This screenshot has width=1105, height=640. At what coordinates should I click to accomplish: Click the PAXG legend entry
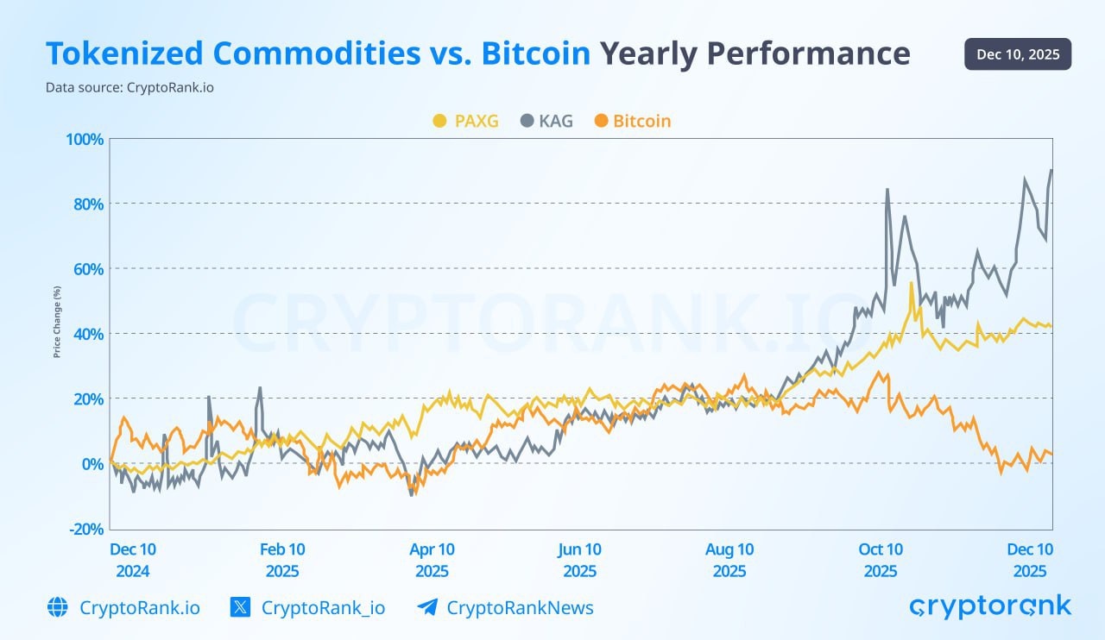pos(466,121)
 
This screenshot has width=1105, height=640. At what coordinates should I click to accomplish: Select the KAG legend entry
pos(546,121)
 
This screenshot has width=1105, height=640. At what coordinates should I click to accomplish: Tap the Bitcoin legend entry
pos(633,121)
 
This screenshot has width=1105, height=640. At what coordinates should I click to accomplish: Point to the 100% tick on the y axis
pos(85,139)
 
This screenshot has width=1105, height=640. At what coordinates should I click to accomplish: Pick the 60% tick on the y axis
pos(86,268)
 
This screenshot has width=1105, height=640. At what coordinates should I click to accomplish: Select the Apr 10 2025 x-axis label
pos(432,560)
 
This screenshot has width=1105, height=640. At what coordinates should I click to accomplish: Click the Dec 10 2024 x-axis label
pos(133,560)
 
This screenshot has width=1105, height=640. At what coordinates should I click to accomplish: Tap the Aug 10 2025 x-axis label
pos(729,560)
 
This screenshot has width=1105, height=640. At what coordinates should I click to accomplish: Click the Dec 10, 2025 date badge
pos(1017,54)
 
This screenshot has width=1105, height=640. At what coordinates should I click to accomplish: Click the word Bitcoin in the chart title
pos(535,53)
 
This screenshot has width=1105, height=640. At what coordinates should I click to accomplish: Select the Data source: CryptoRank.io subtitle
pos(129,87)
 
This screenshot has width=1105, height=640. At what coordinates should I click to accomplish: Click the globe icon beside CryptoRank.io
pos(58,607)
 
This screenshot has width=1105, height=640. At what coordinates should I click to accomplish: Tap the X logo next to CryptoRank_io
pos(241,607)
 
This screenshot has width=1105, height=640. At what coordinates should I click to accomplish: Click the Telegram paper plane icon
pos(426,607)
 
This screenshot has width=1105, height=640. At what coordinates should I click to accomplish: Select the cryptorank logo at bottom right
pos(990,606)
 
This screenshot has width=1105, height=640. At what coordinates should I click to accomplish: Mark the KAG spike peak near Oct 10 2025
pos(887,189)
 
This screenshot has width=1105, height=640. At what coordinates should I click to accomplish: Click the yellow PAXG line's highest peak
pos(911,283)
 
